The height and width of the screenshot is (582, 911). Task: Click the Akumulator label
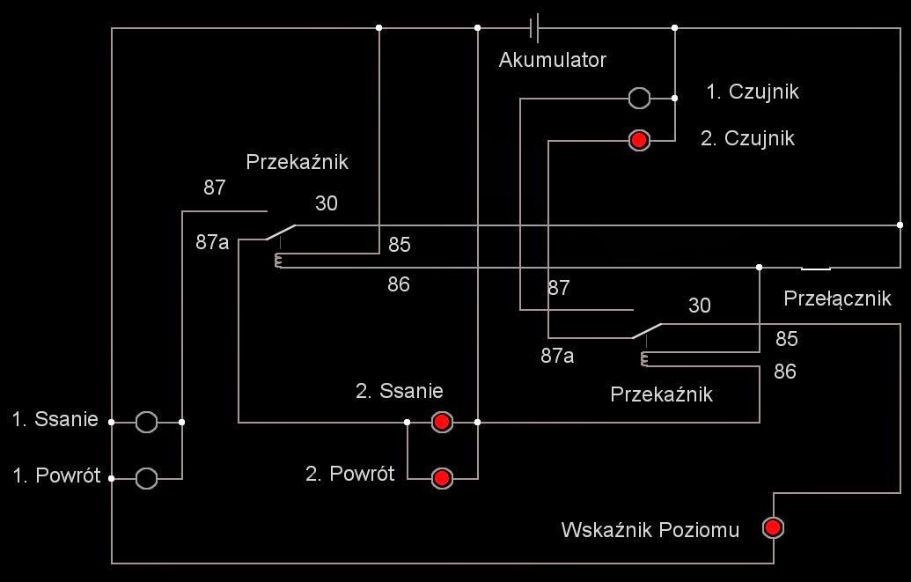(552, 60)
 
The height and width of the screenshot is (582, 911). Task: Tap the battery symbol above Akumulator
(534, 28)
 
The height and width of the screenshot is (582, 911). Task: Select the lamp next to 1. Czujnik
(640, 98)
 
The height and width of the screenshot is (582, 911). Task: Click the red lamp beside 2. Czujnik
(640, 140)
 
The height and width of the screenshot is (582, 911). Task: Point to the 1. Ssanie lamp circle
(147, 423)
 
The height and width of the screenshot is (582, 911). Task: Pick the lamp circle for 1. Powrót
(147, 478)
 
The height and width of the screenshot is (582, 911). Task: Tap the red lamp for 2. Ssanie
(442, 423)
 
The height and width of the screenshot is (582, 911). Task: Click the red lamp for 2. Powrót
(442, 478)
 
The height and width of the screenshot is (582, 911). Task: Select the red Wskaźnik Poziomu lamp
(773, 527)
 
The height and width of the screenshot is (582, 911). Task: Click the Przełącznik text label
(837, 298)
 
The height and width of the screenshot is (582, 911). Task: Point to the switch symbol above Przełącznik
(816, 268)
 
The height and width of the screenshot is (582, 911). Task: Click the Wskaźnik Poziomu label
(650, 530)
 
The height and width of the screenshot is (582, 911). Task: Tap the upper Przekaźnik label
(297, 162)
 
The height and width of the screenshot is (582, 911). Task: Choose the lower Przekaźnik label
(661, 394)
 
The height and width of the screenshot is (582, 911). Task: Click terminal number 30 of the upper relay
(326, 203)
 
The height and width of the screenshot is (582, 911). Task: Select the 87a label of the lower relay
(557, 356)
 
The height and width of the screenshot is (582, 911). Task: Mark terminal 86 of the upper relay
(399, 284)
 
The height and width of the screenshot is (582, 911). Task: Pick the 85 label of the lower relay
(786, 339)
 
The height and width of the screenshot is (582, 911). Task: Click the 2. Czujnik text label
(747, 138)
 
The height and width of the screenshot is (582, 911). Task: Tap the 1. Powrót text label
(56, 476)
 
